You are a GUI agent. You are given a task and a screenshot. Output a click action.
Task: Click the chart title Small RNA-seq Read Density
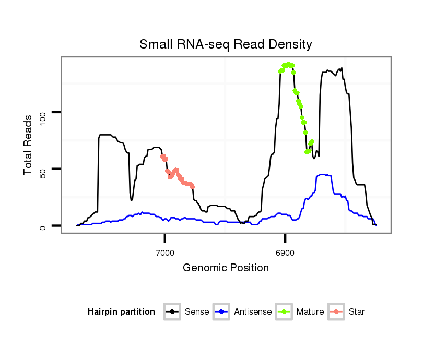click(x=226, y=44)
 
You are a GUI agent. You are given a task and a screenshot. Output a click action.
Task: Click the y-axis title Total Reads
click(x=29, y=145)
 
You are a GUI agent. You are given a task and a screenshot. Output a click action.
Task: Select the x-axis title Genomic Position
click(x=226, y=268)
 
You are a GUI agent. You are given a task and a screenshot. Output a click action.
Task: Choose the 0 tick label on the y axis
click(x=43, y=226)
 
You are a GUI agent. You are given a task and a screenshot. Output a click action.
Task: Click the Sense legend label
click(x=197, y=312)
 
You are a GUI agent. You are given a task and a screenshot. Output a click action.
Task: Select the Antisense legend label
click(x=253, y=312)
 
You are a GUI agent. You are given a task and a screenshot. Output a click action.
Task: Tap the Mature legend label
click(x=310, y=312)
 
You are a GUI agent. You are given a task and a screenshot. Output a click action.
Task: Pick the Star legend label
click(x=357, y=312)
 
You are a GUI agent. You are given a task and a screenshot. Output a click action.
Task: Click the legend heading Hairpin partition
click(x=121, y=312)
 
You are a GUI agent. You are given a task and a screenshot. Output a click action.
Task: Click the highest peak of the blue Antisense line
click(x=323, y=175)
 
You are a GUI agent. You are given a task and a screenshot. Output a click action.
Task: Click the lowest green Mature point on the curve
click(x=307, y=152)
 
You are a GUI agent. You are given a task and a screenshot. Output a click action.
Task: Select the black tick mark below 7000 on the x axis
click(x=165, y=238)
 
